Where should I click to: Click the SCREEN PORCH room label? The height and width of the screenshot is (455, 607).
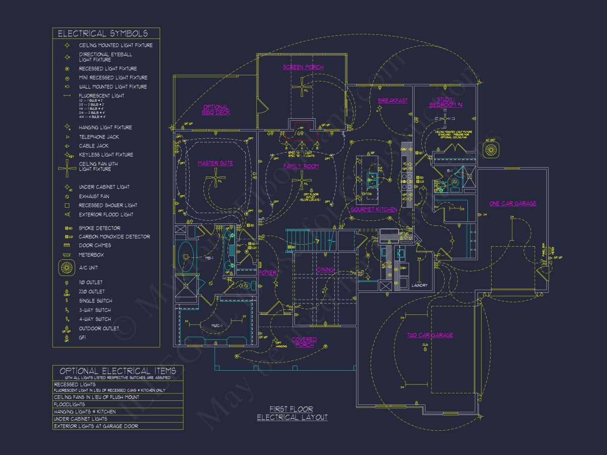coord(303,67)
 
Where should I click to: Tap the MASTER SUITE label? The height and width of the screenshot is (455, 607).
coord(215,163)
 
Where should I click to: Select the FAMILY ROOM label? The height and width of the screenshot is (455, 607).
coord(301,166)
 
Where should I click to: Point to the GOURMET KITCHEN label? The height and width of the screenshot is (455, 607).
coord(374,209)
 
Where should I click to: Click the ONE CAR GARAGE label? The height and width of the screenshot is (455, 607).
coord(513,204)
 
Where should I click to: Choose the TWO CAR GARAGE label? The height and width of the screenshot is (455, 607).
coord(430,335)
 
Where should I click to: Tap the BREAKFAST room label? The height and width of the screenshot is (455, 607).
coord(393,101)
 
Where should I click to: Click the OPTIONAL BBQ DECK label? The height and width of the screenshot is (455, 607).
coord(216,110)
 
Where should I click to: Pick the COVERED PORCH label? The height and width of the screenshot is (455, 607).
coord(305,342)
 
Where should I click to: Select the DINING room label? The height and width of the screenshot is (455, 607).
coord(326,270)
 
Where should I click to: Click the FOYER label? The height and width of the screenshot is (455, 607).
coord(268,273)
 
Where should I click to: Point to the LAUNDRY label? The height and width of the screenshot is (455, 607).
coord(420,286)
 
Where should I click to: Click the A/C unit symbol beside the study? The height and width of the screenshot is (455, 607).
coord(491,150)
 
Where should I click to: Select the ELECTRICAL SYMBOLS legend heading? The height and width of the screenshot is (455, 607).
coord(103,34)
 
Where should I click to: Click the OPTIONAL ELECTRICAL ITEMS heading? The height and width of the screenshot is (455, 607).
coord(118,371)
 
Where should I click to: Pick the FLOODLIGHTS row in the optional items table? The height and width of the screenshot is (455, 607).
coord(69,404)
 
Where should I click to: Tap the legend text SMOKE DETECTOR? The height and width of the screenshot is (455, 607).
coord(100,228)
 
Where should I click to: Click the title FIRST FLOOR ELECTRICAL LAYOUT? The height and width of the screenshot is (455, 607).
coord(292,413)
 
